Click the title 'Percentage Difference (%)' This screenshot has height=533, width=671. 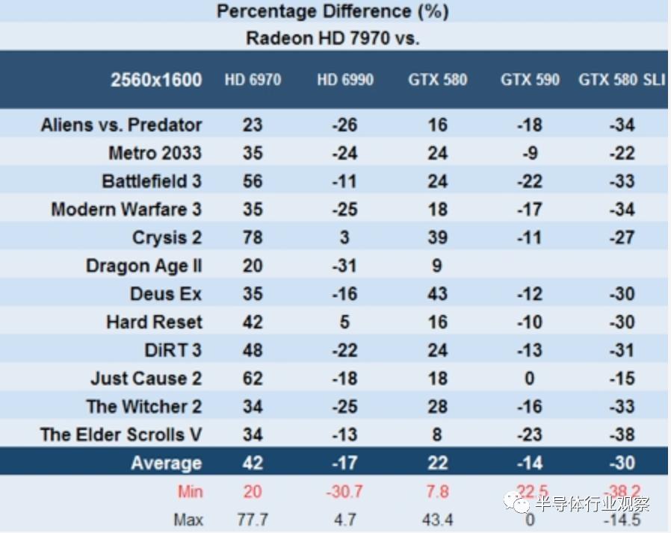[333, 11]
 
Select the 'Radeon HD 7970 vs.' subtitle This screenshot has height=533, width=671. [333, 38]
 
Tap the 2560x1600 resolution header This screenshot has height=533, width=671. [156, 80]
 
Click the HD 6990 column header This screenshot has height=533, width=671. [344, 80]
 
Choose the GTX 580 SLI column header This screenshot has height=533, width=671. [622, 80]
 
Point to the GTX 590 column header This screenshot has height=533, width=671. [530, 80]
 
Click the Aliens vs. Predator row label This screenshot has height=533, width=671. [121, 125]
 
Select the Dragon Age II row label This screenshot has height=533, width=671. [143, 266]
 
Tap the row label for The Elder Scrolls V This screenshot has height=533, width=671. [121, 434]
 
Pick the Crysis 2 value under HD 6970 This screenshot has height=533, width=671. [253, 237]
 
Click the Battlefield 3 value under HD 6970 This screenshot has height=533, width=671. [253, 181]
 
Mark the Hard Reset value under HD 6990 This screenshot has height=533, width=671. [344, 322]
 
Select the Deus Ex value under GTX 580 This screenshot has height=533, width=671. [437, 294]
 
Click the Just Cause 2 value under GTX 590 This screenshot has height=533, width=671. [530, 378]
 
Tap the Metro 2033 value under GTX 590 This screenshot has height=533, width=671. [530, 153]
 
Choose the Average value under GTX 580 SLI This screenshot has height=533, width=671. [622, 463]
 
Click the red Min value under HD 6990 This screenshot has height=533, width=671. [344, 492]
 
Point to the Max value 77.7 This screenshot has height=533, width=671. [253, 520]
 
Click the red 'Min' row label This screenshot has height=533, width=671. [190, 492]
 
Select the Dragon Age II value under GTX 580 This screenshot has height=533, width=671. [437, 266]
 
